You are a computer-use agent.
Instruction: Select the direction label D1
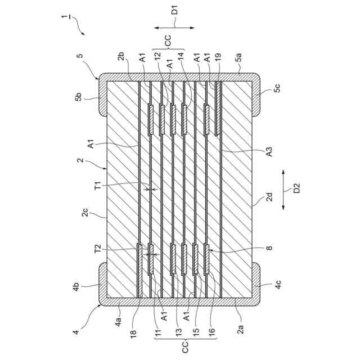click(174, 10)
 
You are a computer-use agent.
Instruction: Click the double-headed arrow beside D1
click(174, 27)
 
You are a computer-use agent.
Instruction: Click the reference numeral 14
click(181, 57)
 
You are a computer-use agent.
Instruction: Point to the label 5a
click(240, 57)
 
